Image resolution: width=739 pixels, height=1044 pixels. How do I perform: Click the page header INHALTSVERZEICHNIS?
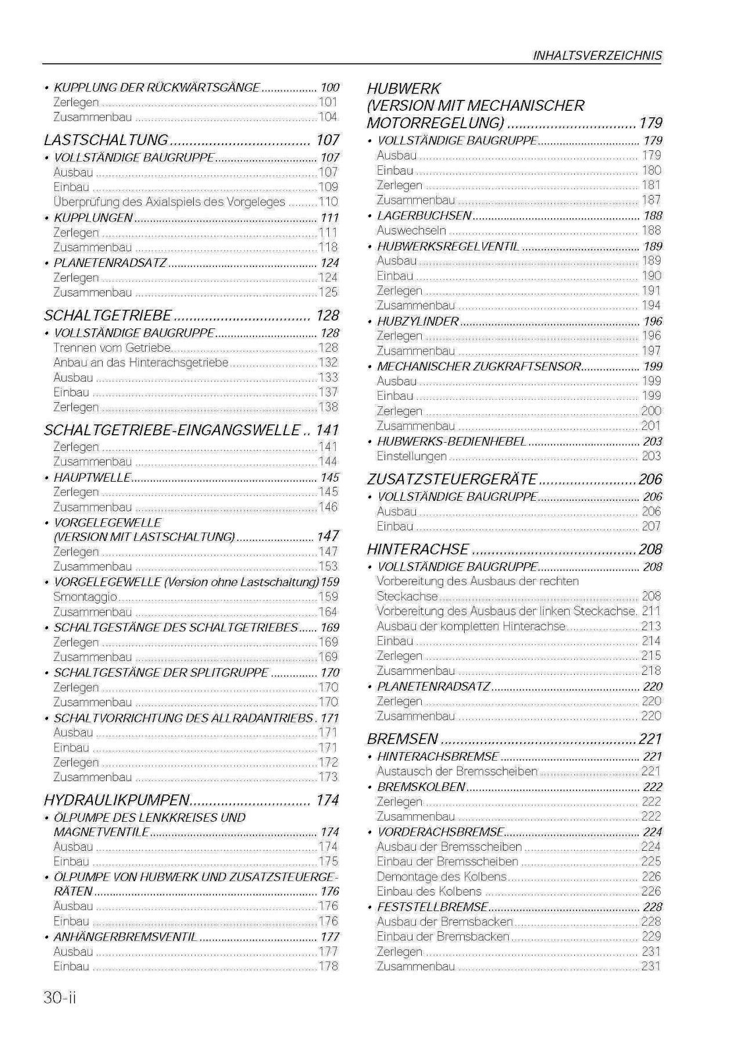tap(597, 56)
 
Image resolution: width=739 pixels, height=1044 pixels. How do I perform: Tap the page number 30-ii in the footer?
tap(60, 998)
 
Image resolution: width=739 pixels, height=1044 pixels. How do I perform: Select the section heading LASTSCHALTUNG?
tap(106, 140)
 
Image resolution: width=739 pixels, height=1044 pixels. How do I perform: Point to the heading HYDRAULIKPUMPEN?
tap(117, 800)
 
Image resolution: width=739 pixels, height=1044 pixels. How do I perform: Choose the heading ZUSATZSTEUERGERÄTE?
tap(452, 479)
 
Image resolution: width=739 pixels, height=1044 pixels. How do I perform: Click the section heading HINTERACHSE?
tap(418, 549)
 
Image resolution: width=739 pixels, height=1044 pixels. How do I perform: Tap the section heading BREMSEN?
tap(402, 739)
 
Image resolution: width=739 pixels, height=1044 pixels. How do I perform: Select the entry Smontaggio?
tap(85, 597)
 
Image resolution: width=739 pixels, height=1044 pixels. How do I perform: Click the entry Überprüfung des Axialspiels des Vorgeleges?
tap(169, 202)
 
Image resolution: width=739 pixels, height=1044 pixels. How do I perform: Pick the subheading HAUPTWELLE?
tap(92, 478)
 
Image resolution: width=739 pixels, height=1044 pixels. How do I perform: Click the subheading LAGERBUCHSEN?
tap(424, 216)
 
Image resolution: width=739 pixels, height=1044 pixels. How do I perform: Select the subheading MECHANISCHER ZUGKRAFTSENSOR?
tap(479, 366)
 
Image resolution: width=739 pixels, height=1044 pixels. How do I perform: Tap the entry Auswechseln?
tap(411, 230)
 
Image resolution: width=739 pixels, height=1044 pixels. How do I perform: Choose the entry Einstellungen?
tap(411, 456)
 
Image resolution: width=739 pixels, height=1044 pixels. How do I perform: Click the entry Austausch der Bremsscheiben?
tap(457, 771)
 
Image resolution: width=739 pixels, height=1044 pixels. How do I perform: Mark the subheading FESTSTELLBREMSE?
tap(432, 906)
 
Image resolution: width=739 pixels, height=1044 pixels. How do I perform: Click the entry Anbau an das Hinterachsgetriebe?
tap(140, 363)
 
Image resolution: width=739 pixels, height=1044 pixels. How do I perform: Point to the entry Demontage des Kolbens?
tap(441, 876)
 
